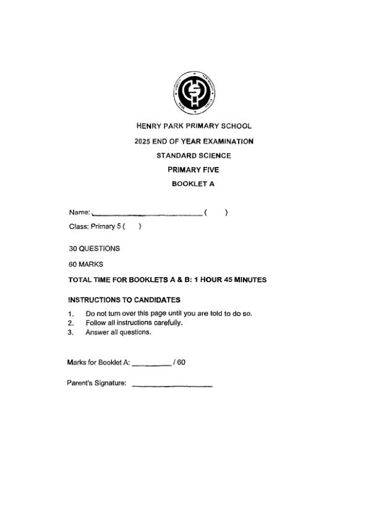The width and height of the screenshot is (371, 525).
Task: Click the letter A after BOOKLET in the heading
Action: click(211, 184)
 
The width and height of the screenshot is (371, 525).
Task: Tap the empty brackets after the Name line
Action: click(216, 213)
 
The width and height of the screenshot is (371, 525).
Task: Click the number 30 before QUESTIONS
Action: click(73, 249)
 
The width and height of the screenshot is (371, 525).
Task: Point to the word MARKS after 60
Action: click(91, 265)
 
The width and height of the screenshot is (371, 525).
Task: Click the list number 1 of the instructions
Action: click(70, 314)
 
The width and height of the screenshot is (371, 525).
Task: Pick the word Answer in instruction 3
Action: click(95, 332)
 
